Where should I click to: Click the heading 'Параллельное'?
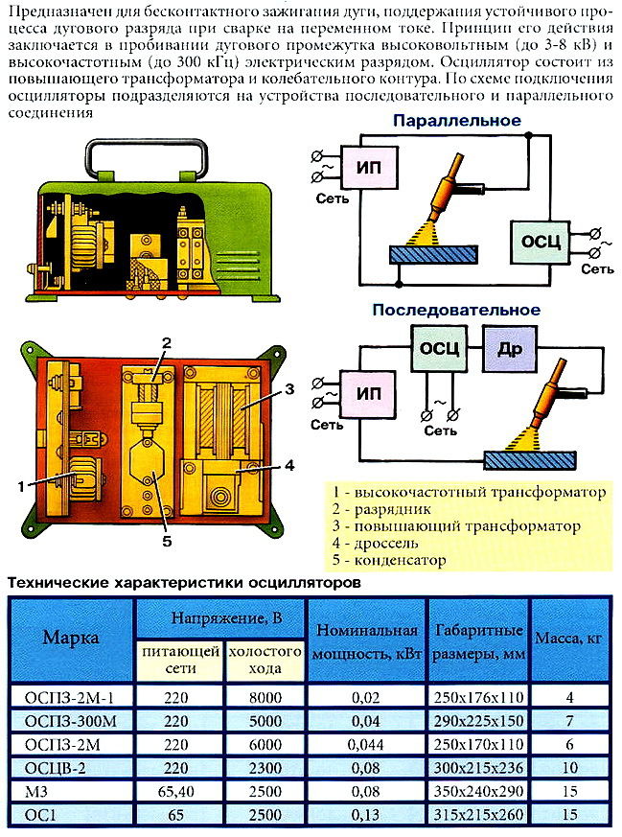pos(456,121)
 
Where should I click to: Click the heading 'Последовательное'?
pos(456,310)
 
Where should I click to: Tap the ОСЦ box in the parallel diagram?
pos(541,243)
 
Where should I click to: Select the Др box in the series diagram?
pos(510,349)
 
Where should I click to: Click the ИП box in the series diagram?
pos(369,394)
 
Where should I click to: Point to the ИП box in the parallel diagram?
pos(369,168)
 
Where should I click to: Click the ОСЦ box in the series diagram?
pos(439,349)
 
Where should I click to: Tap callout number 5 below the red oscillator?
pos(167,542)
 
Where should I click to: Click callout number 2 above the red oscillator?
pos(167,342)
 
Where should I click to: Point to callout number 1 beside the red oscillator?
pos(21,486)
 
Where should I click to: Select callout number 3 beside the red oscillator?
pos(289,389)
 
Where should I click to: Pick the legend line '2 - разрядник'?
pos(381,509)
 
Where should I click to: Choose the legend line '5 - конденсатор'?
pos(389,560)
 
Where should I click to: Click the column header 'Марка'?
pos(71,638)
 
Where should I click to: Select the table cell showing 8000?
pos(265,697)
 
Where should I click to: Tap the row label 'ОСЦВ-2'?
pos(56,768)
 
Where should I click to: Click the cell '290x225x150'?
pos(478,721)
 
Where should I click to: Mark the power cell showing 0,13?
pos(365,815)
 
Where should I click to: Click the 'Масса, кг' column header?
pos(568,638)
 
